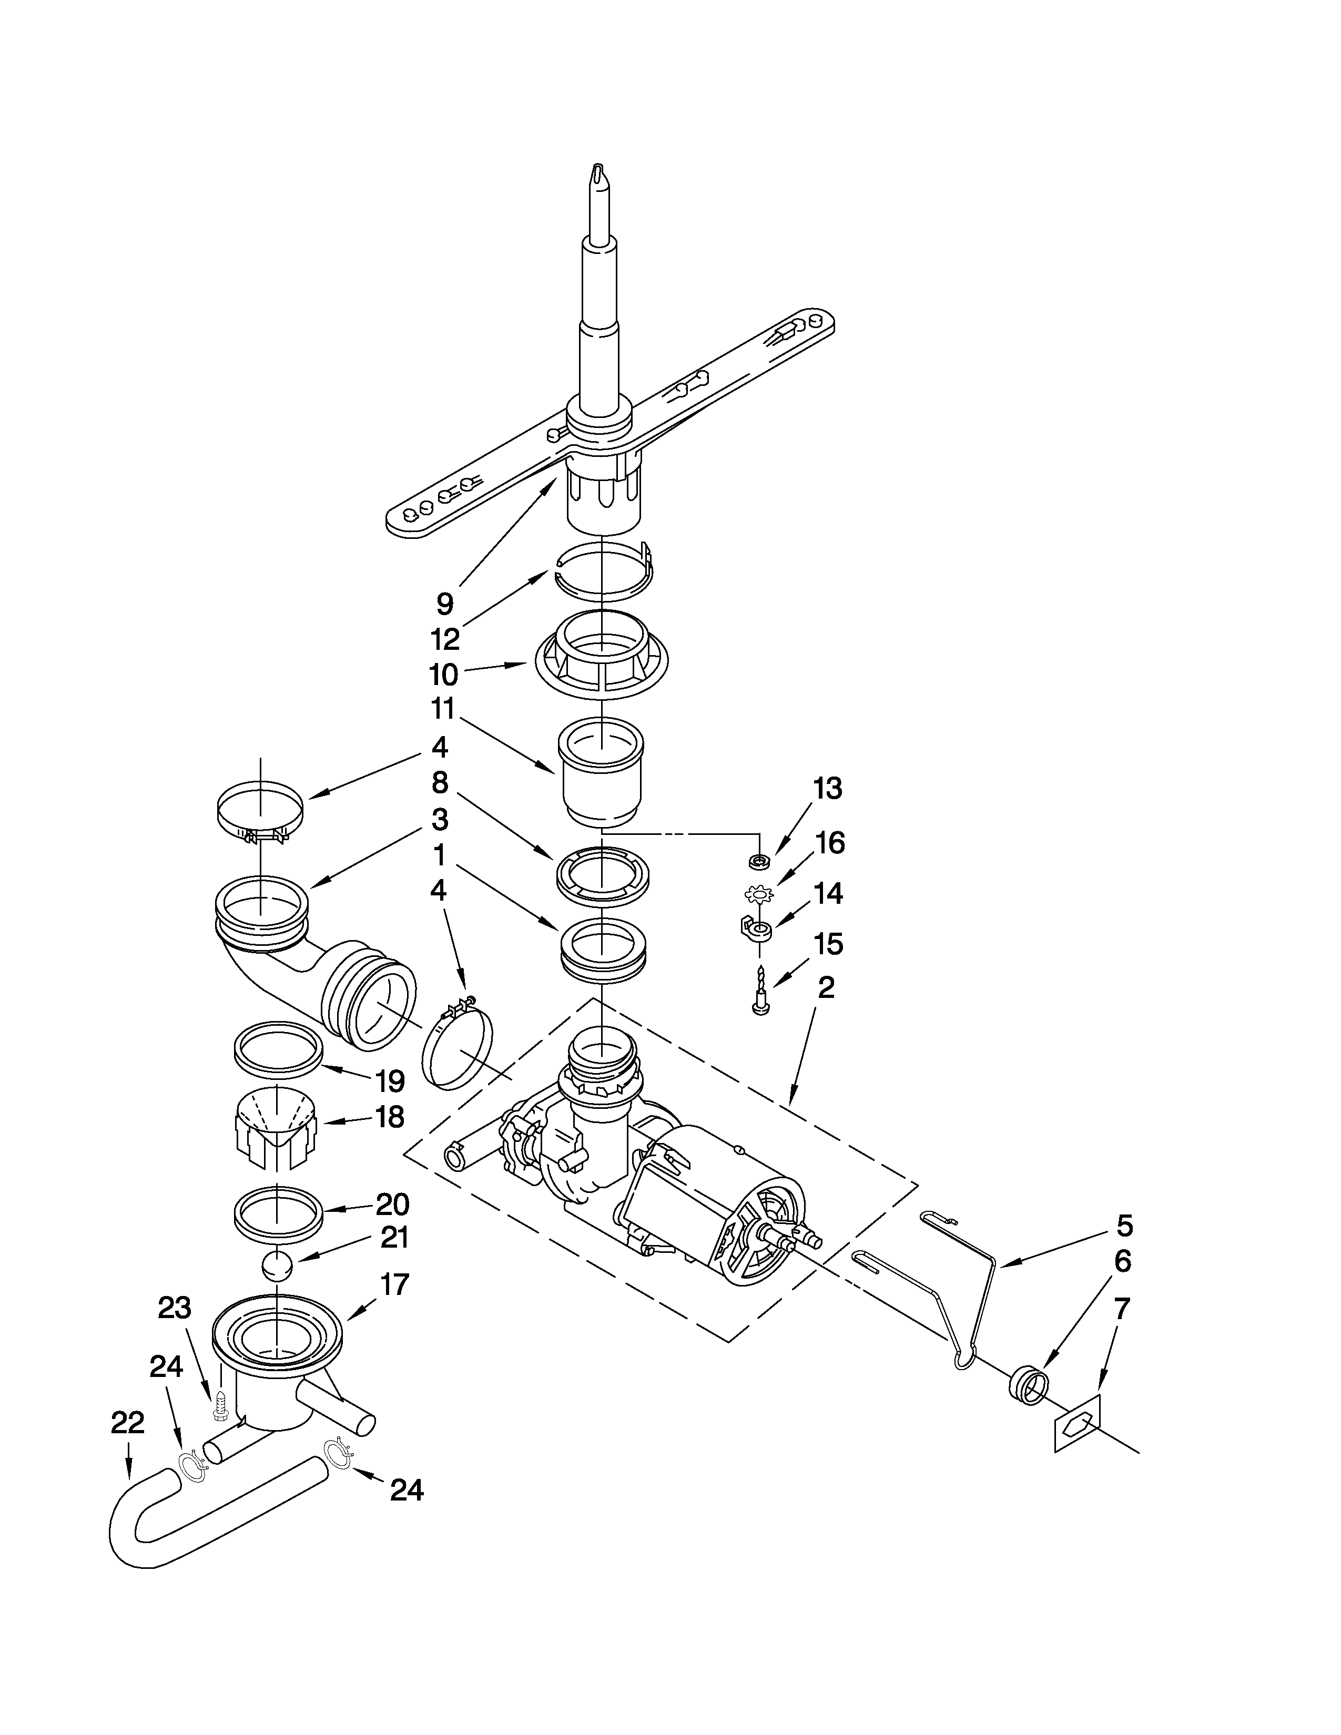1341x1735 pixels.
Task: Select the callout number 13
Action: pyautogui.click(x=827, y=788)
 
